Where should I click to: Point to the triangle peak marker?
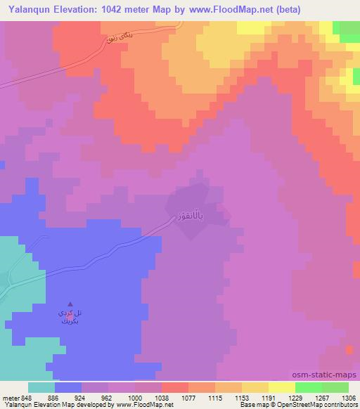70,304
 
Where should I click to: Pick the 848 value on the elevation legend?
27,397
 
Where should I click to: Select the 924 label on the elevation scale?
81,397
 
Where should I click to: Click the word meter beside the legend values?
10,397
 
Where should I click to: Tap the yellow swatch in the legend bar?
282,387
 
